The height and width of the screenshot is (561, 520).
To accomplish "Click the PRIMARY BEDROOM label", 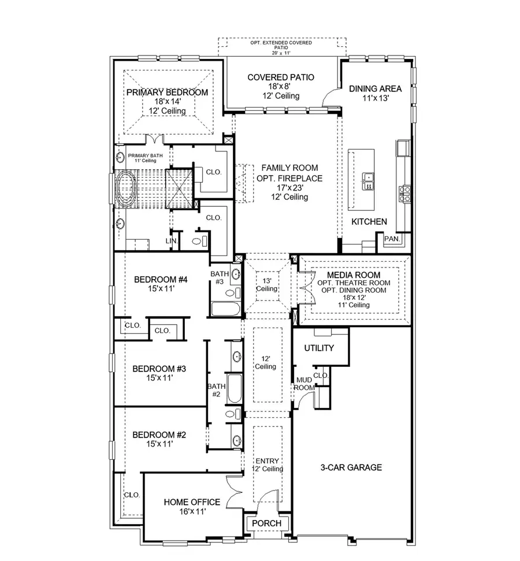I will [x=167, y=92].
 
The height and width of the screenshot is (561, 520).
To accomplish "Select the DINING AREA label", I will [x=375, y=88].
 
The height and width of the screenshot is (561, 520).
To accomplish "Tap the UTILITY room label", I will [x=319, y=348].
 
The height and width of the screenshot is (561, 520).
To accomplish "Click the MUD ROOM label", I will [x=304, y=384].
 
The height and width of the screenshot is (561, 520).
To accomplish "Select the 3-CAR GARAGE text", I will [x=352, y=467].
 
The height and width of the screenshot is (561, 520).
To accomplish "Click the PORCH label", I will [x=267, y=523].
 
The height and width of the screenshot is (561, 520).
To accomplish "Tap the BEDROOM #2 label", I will [x=159, y=434].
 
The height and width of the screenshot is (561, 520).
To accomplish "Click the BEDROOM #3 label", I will [x=159, y=369].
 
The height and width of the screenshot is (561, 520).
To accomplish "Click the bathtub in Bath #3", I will [x=225, y=309].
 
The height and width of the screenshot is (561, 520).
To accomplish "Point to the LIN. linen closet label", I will [x=172, y=241].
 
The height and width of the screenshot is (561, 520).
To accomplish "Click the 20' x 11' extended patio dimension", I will [x=281, y=53].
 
